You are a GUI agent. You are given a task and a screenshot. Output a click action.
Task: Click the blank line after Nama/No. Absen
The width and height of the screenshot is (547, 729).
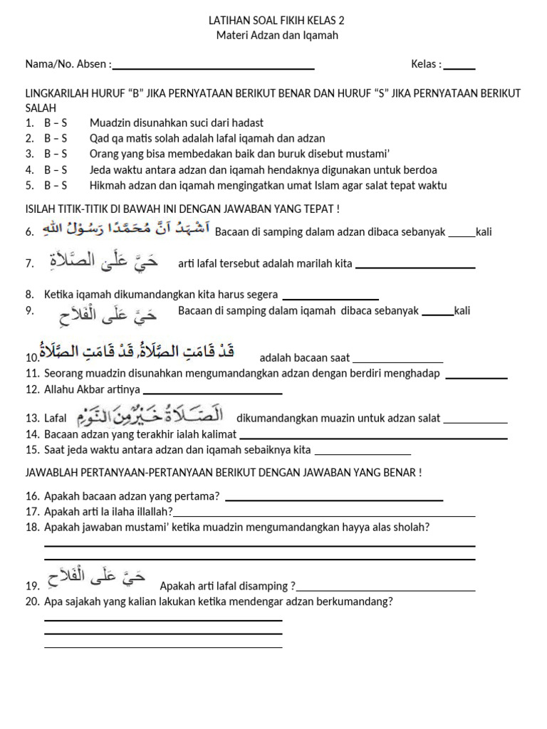214,68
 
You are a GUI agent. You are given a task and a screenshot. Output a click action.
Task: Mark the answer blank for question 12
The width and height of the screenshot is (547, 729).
212,392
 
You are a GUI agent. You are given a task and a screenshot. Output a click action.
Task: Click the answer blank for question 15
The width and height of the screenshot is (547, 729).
363,453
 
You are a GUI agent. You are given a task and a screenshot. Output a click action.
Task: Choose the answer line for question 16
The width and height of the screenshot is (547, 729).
333,500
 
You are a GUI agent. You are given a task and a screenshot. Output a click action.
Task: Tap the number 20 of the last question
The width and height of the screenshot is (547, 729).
31,602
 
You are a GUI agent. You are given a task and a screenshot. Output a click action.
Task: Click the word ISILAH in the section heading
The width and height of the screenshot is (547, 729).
42,209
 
